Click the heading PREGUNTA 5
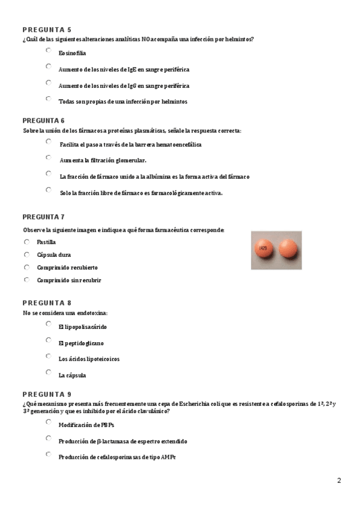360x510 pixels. coord(47,29)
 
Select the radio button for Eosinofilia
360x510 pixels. coord(48,51)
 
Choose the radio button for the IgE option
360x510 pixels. coord(48,67)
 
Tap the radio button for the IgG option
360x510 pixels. coord(48,83)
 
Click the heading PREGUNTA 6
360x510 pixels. coord(47,120)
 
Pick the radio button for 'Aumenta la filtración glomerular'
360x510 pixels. coord(48,158)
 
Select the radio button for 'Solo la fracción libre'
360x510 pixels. coord(48,190)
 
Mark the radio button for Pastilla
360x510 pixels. coord(26,242)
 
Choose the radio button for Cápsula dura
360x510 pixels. coord(26,254)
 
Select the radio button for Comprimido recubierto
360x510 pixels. coord(26,267)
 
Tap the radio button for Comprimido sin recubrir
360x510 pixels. coord(26,280)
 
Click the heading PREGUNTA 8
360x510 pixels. coord(47,303)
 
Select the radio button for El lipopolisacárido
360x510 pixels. coord(48,324)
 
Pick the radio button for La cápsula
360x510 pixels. coord(48,373)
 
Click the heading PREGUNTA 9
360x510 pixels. coord(47,395)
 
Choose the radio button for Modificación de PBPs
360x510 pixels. coord(48,422)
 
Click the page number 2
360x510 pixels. coord(339,481)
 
